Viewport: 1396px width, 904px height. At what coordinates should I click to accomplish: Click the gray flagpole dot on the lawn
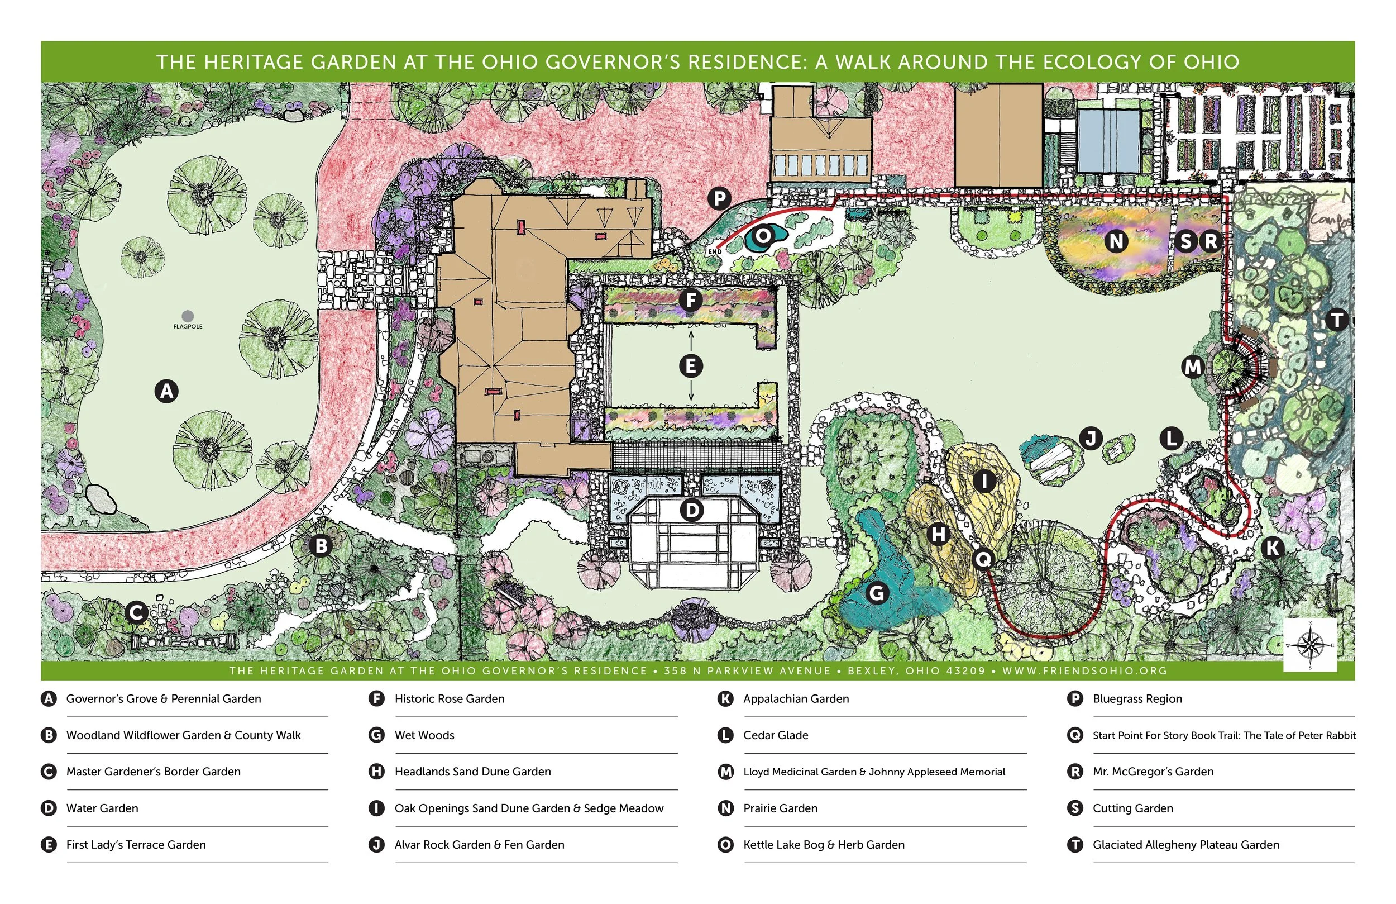click(188, 316)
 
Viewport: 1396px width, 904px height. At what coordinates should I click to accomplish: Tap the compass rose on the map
click(1310, 645)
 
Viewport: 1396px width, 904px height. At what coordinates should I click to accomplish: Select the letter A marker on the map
click(166, 391)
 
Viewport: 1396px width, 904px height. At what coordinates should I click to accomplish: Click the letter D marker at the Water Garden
click(691, 510)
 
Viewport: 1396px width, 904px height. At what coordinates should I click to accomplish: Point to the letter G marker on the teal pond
click(876, 593)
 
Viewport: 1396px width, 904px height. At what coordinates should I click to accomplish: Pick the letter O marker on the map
click(763, 236)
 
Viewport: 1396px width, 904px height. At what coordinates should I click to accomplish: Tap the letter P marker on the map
click(719, 198)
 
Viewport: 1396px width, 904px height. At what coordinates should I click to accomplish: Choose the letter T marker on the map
click(1337, 320)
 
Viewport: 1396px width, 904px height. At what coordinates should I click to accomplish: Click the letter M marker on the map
click(1193, 367)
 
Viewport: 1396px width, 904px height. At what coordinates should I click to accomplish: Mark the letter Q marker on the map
click(983, 559)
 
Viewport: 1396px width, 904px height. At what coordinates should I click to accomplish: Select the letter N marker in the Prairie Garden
click(1116, 241)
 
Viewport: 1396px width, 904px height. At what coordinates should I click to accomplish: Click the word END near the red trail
click(714, 252)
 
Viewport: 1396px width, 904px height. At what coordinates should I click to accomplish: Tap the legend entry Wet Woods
click(424, 735)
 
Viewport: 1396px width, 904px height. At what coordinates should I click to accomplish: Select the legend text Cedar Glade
click(776, 735)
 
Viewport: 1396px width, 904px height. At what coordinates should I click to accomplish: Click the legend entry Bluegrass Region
click(1137, 699)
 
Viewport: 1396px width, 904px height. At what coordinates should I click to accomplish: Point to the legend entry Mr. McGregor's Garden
click(1153, 772)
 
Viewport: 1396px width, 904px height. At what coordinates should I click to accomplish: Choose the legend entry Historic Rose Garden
click(450, 698)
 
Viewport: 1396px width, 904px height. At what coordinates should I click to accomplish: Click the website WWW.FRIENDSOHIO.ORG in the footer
click(1084, 670)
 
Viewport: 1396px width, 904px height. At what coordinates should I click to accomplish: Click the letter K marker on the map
click(1272, 548)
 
